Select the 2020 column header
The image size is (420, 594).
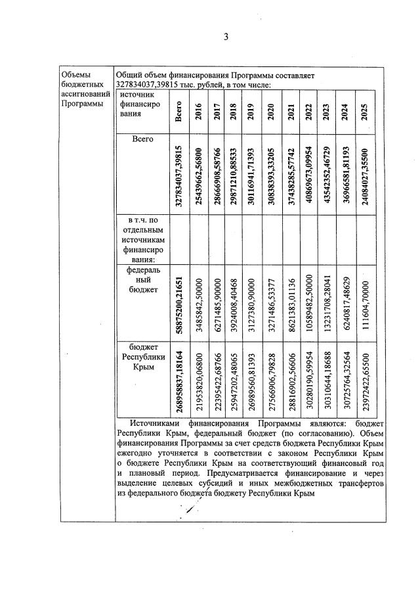coord(271,111)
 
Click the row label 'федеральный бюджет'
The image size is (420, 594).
coord(143,279)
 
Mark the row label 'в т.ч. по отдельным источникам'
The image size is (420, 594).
coord(143,240)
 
